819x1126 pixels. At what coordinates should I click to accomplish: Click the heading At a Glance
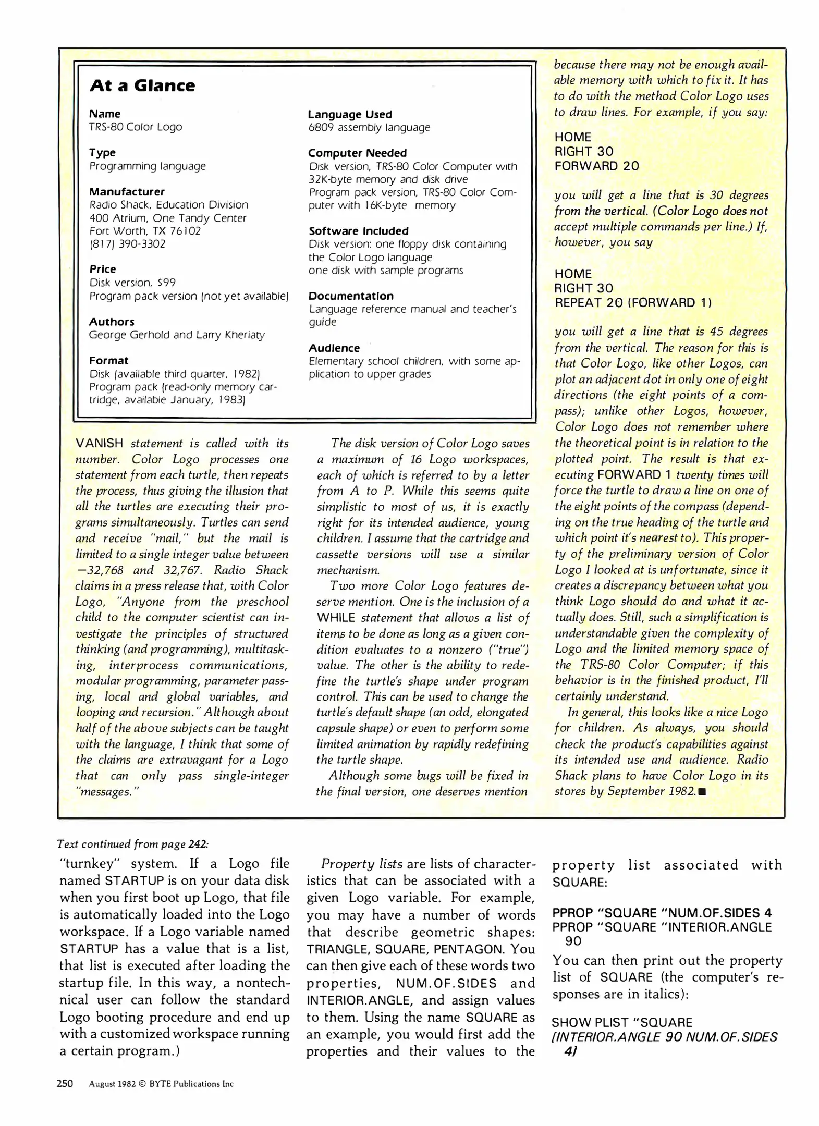tap(142, 85)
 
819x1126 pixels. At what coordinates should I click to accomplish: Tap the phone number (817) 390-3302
tap(127, 244)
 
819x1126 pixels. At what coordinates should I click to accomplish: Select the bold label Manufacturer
tap(127, 191)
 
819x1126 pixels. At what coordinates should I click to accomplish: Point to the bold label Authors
tap(112, 322)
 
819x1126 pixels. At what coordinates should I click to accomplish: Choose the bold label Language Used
tap(349, 114)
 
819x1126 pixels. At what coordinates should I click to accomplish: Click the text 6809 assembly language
tap(369, 127)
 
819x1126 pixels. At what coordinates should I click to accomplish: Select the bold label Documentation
tap(350, 296)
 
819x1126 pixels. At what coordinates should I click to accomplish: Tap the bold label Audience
tap(334, 348)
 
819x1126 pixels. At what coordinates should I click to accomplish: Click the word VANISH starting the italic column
tap(99, 444)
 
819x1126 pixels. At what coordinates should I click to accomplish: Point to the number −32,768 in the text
tap(100, 570)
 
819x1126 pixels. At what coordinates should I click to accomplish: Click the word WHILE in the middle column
tap(336, 618)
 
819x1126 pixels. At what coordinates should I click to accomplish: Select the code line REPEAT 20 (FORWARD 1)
tap(633, 303)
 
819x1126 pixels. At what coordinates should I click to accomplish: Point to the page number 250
tap(65, 1083)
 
